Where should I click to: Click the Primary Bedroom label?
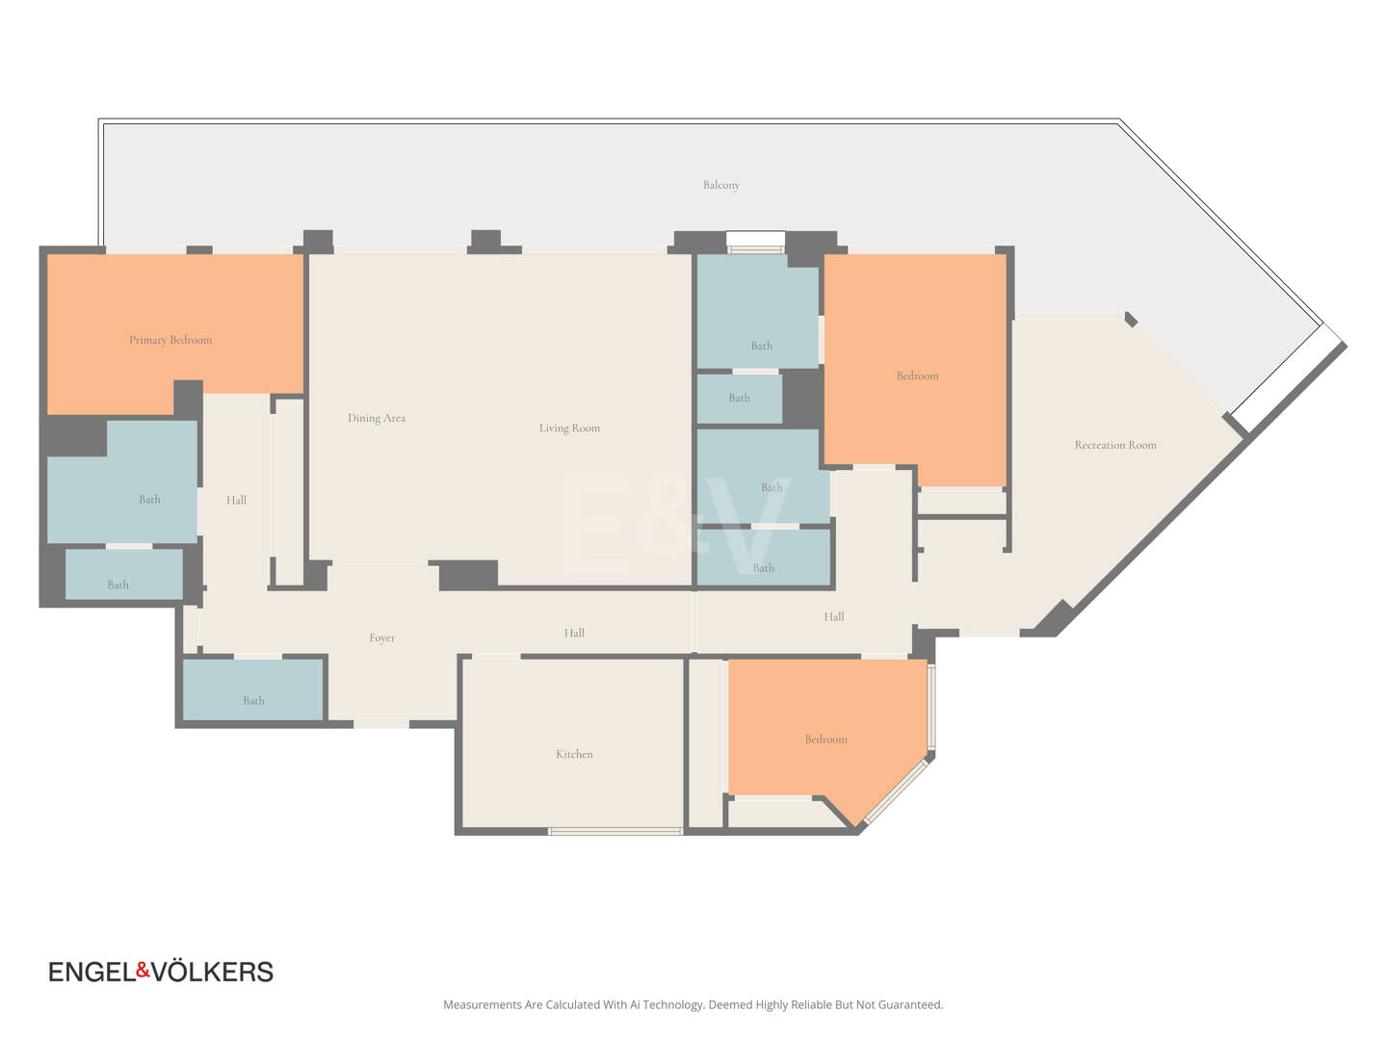coord(170,340)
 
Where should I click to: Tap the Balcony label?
coord(721,185)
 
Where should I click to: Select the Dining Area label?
coord(377,418)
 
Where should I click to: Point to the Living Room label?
coord(569,429)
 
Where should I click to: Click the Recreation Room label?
coord(1115,445)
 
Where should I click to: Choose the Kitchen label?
coord(574,754)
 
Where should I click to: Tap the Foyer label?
coord(382,638)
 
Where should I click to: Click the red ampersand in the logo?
coord(143,969)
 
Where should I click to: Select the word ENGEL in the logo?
coord(92,972)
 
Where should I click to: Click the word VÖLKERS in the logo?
coord(212,971)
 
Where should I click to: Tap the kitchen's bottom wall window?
coord(615,831)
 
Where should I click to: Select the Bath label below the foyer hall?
coord(253,701)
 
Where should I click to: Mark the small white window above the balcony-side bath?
coord(756,242)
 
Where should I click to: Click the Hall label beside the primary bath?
coord(236,501)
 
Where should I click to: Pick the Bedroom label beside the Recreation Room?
coord(917,377)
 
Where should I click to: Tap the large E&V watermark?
coord(675,526)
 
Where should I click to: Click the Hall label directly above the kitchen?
coord(574,634)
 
